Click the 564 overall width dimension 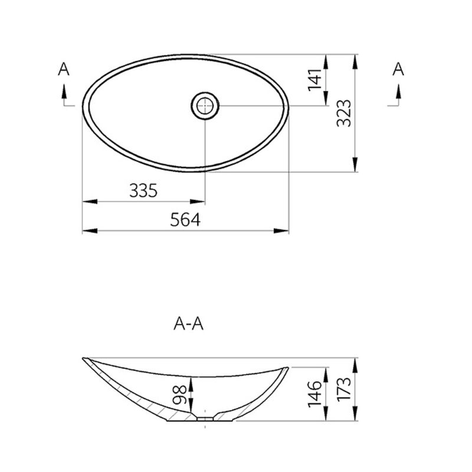pyautogui.click(x=185, y=219)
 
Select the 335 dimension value pyautogui.click(x=143, y=191)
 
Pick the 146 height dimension pyautogui.click(x=314, y=394)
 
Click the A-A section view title pyautogui.click(x=189, y=323)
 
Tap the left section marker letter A pyautogui.click(x=64, y=70)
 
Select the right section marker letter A pyautogui.click(x=398, y=70)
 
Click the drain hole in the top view pyautogui.click(x=205, y=106)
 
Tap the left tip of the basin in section pyautogui.click(x=84, y=359)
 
